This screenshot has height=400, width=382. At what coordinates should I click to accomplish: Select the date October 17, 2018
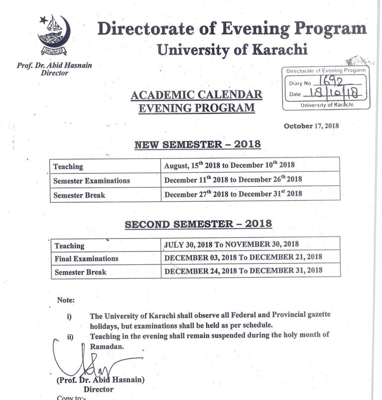point(311,126)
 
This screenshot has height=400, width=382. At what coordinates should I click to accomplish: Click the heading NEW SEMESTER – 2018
point(197,145)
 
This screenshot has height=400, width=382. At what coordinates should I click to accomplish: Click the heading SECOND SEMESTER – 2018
point(198,224)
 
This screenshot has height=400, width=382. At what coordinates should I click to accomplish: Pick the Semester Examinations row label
point(92,181)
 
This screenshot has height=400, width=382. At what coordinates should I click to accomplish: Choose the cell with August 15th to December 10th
point(230,166)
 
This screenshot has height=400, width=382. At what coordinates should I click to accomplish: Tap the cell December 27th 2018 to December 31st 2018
point(233,194)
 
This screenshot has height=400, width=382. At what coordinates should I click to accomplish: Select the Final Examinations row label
point(87,258)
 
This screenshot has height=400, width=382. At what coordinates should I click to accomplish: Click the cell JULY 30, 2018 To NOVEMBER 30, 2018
point(231,244)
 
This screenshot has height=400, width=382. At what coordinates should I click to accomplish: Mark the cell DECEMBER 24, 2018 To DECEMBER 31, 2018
point(243,271)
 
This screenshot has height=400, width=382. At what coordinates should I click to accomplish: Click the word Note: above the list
point(66,300)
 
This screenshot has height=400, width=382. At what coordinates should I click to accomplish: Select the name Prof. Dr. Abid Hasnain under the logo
point(54,65)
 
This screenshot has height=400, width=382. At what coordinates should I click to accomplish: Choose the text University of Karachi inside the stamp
point(327,105)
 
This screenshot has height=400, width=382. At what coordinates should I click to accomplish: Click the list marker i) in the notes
point(69,316)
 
